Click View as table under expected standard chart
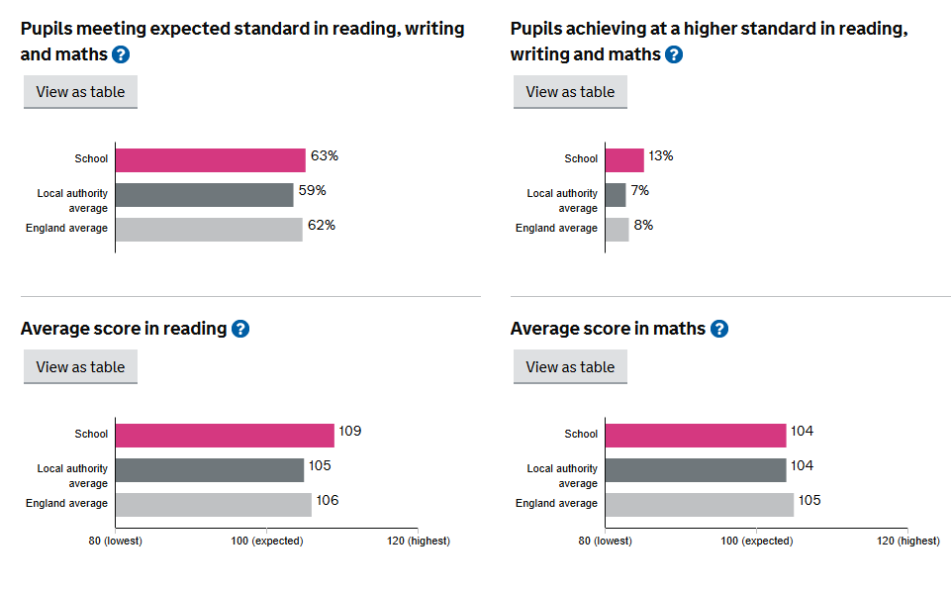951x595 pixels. tap(80, 92)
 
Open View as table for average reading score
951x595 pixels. tap(80, 367)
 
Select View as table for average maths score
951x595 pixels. tap(570, 367)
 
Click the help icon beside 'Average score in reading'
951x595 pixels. tap(240, 329)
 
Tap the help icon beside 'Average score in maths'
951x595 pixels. tap(719, 329)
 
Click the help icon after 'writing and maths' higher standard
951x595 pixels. tap(674, 54)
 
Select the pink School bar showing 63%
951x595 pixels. tap(210, 160)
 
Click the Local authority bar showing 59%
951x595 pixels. tap(204, 195)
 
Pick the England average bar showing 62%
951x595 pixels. tap(208, 230)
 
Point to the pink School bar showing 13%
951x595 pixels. tap(623, 160)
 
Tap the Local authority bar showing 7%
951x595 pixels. tap(616, 195)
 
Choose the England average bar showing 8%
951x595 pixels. tap(617, 230)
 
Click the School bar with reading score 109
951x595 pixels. tap(225, 436)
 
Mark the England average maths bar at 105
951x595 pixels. tap(699, 505)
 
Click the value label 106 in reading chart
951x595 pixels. tap(328, 501)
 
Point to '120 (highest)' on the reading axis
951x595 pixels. tap(418, 541)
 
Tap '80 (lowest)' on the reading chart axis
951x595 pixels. tap(116, 541)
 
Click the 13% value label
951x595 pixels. tap(661, 156)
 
